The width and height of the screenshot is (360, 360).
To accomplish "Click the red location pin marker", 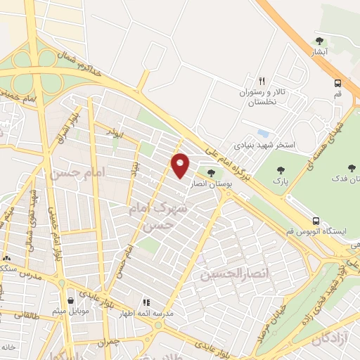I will pyautogui.click(x=181, y=165).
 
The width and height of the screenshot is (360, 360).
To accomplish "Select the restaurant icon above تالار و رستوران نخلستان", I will pyautogui.click(x=262, y=80).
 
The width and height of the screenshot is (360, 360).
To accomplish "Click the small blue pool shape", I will pyautogui.click(x=264, y=132).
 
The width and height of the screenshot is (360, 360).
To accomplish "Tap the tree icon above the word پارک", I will pyautogui.click(x=282, y=169).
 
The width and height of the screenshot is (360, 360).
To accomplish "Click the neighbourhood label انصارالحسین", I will pyautogui.click(x=225, y=272).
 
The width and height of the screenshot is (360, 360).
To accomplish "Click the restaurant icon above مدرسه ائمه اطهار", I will pyautogui.click(x=148, y=302).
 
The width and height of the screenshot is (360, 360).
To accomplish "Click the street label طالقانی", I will pyautogui.click(x=20, y=317).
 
